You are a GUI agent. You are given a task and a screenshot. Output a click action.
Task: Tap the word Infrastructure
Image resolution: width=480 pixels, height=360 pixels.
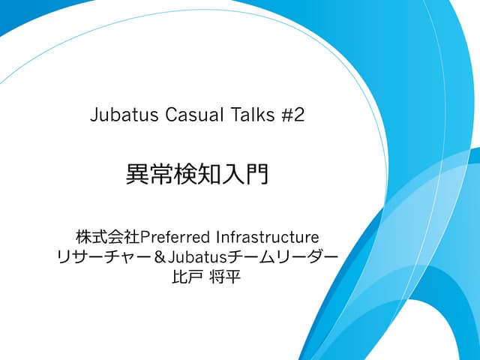pos(266,236)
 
